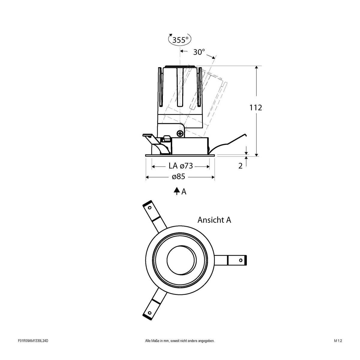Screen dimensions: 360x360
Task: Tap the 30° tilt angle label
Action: pos(199,52)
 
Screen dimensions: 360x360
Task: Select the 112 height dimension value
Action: pos(256,107)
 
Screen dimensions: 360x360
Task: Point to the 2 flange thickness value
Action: pos(240,166)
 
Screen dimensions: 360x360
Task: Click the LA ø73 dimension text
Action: pos(180,166)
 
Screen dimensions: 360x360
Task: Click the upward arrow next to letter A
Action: pos(177,191)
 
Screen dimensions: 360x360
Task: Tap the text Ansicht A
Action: pos(214,220)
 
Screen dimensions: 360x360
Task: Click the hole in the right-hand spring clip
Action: pos(241,260)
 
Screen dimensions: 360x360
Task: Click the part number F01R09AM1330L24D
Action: pos(33,349)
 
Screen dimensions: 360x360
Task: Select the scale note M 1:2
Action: pos(338,349)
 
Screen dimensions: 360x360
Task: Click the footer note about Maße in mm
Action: pos(180,349)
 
